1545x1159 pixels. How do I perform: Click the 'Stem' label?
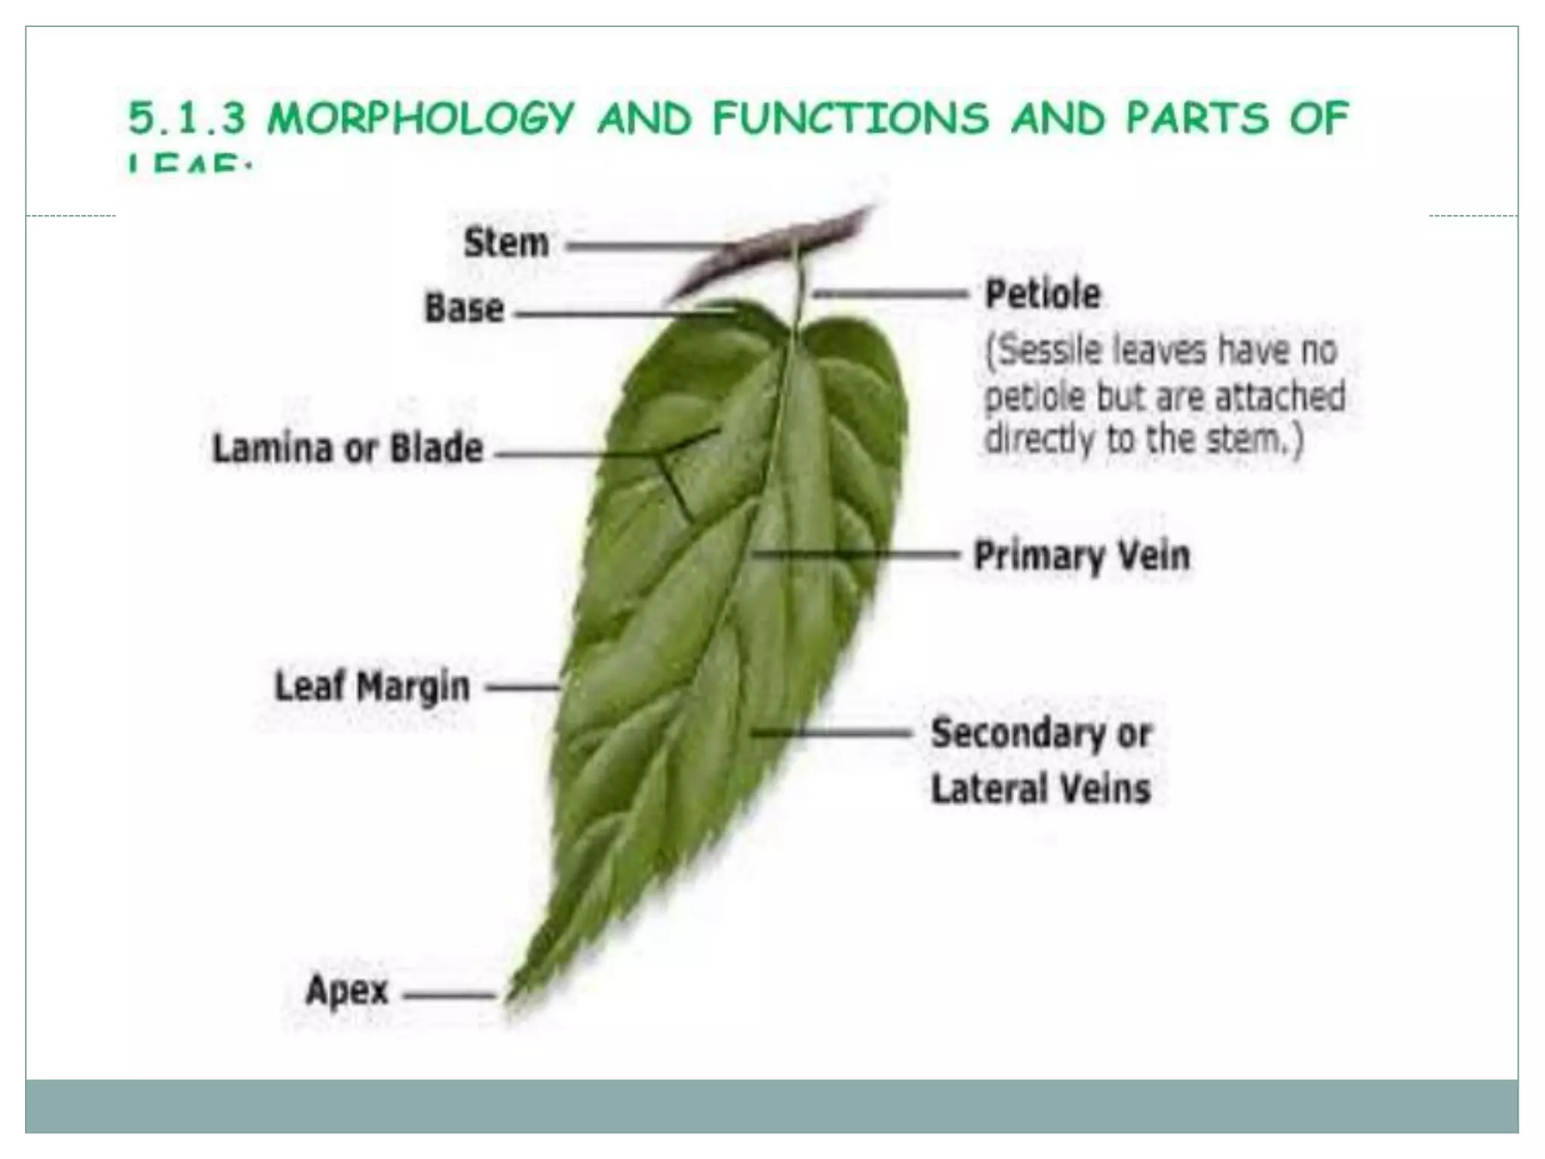click(505, 243)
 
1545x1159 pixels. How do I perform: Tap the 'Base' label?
click(464, 309)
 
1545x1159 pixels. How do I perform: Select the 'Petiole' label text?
click(1043, 294)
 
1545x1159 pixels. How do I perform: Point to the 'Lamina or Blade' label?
click(348, 448)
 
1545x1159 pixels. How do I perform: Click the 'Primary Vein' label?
click(1082, 556)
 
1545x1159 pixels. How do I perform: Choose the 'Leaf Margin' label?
click(372, 687)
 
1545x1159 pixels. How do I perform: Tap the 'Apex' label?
click(347, 989)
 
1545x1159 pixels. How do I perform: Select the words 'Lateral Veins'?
click(1040, 789)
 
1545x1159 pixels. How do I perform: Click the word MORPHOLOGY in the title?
click(421, 119)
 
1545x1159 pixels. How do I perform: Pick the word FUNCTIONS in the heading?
click(850, 119)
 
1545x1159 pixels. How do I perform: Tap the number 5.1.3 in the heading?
click(187, 119)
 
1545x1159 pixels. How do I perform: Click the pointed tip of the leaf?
click(510, 998)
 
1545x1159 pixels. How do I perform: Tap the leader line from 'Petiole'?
click(890, 294)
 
